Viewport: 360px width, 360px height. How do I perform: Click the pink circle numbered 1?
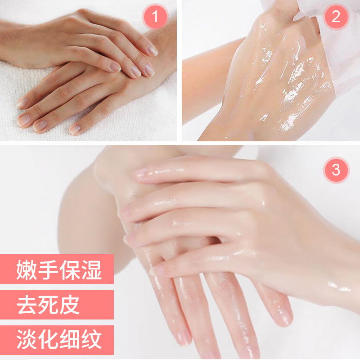(x=155, y=17)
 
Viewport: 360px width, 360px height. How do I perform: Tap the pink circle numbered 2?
(x=336, y=17)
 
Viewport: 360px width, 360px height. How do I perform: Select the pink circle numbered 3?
(x=336, y=170)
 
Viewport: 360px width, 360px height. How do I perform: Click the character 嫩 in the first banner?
(x=27, y=270)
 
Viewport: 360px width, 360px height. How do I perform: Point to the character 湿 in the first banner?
(x=92, y=270)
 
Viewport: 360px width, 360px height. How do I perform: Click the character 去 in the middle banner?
(x=27, y=305)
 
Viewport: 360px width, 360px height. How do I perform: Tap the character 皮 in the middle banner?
(x=70, y=305)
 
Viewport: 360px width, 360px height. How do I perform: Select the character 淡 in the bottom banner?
(x=27, y=339)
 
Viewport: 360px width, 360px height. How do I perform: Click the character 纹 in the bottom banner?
(x=92, y=339)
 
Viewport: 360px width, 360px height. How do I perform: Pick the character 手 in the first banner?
(x=48, y=270)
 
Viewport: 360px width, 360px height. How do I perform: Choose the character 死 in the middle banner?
(x=48, y=305)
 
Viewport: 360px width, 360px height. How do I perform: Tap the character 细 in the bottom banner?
(x=70, y=339)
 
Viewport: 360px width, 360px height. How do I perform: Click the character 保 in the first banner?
(x=70, y=270)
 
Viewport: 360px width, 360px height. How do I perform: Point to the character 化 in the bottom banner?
(x=48, y=339)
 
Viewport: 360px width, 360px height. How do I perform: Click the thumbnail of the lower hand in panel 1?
(x=75, y=130)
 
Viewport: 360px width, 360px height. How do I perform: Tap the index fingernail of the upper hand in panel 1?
(x=153, y=50)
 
